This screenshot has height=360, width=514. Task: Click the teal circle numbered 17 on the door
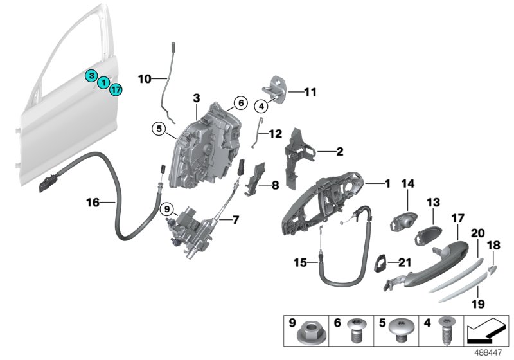point(115,89)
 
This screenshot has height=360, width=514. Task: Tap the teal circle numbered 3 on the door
point(93,76)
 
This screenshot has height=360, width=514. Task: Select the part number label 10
point(144,80)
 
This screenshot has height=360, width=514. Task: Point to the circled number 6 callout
point(239,102)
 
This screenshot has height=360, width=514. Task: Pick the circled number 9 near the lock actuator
point(166,209)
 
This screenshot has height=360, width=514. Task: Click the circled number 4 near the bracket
point(263,105)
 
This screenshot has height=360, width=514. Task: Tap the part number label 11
point(310,93)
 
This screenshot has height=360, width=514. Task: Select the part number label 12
point(275,134)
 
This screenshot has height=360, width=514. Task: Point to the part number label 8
point(274,186)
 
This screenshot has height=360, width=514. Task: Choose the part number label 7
point(235,220)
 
